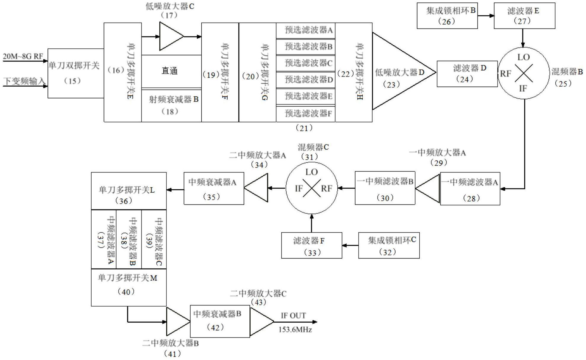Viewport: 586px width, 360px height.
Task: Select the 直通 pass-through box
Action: (171, 71)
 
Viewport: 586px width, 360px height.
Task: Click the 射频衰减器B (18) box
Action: (171, 105)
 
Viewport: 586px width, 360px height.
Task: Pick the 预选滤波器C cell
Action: (305, 63)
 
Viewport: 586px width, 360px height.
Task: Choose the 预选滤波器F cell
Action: (305, 113)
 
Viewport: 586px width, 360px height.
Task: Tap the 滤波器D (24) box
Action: (467, 74)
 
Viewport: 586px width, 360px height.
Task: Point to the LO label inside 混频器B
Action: (523, 57)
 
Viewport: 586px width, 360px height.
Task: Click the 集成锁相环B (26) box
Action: (447, 16)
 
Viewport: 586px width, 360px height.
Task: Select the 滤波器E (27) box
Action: (524, 16)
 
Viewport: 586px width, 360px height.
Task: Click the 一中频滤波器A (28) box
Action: (470, 189)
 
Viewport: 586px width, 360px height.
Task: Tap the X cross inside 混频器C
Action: (311, 188)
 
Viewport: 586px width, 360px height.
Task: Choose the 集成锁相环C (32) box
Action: (388, 245)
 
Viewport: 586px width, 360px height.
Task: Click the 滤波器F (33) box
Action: (311, 245)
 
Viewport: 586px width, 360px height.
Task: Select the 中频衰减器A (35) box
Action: (214, 188)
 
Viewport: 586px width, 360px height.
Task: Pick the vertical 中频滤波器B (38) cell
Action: (129, 239)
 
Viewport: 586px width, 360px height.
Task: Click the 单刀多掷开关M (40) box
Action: (128, 287)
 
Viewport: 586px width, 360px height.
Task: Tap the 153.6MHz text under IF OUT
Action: (295, 330)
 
